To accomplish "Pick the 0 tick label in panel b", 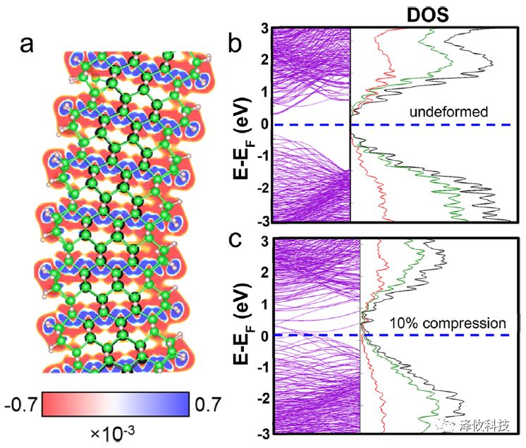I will click(262, 125).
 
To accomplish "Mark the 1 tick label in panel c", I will click(262, 303).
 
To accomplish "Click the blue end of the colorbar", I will click(182, 404).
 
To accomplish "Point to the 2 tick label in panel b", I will click(262, 61).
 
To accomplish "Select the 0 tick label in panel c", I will click(262, 335).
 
